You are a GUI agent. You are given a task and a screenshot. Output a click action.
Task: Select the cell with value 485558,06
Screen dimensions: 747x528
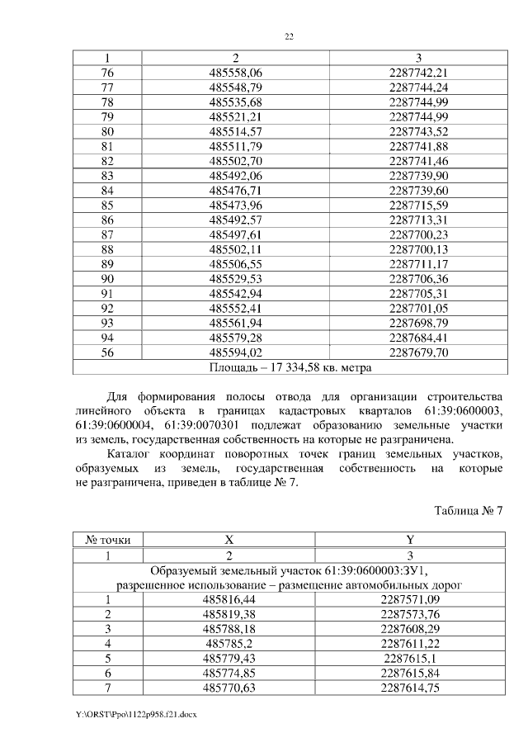pos(235,73)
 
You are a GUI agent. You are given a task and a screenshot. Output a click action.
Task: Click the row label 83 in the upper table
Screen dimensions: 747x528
pos(107,176)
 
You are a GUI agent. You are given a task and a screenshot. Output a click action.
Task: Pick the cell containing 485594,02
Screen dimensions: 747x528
pos(235,352)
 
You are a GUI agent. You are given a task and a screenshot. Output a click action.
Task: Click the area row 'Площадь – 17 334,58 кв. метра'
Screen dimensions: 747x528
pos(289,366)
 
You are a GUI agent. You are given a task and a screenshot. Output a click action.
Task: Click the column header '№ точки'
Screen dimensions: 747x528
pos(107,540)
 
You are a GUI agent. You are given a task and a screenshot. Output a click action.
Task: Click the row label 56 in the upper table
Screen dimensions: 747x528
pos(107,352)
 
